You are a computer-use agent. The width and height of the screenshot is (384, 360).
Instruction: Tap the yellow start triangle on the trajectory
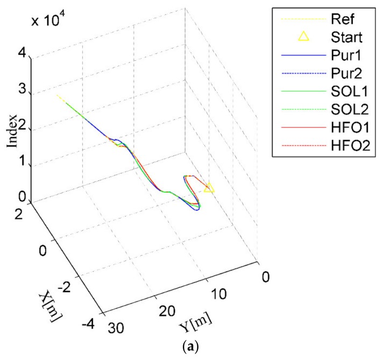(209, 187)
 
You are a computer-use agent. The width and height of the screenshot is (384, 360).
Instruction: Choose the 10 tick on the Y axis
(217, 295)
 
